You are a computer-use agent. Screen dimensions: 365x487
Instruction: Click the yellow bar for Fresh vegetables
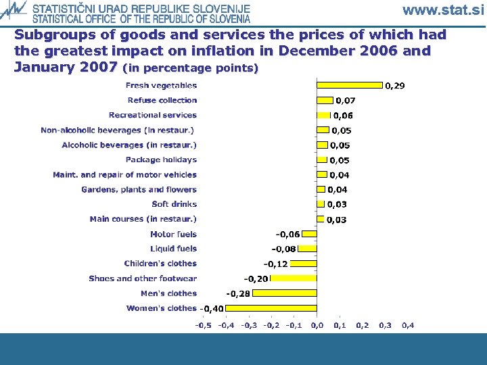tap(350, 85)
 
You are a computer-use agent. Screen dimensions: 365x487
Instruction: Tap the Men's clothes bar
tap(285, 293)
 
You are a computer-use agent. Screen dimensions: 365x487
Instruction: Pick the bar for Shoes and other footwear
tap(294, 278)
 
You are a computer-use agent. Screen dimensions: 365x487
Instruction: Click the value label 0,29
tap(395, 86)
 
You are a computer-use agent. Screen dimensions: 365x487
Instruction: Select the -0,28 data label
tap(237, 294)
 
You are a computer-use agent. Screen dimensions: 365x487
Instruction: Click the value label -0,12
tap(275, 264)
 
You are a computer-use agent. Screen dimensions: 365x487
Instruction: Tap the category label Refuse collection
tap(162, 100)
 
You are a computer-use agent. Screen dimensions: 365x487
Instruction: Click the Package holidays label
tap(161, 160)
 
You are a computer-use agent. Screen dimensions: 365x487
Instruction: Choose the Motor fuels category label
tap(173, 234)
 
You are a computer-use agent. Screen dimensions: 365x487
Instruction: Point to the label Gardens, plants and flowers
tap(139, 189)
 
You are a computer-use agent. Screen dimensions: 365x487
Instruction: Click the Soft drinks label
tap(175, 204)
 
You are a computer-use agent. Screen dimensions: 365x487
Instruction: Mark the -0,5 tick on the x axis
tap(203, 325)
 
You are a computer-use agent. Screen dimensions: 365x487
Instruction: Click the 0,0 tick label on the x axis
tap(317, 325)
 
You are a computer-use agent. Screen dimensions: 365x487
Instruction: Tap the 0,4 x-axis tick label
tap(408, 325)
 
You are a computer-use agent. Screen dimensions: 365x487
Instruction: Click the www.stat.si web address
tap(443, 10)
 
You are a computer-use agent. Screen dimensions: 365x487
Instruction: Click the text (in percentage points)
tap(190, 68)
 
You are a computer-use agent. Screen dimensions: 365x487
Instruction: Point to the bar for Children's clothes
tap(304, 264)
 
